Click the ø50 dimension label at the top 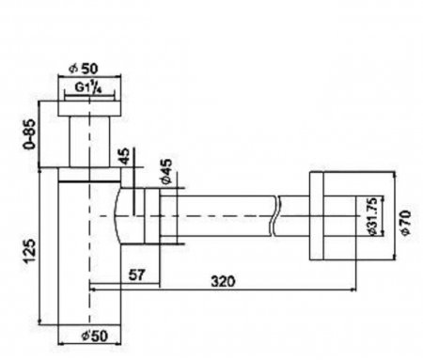click(x=84, y=69)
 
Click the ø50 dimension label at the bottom click(x=95, y=336)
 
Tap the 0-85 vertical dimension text click(x=30, y=134)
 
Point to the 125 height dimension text click(x=30, y=251)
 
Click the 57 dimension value click(x=137, y=275)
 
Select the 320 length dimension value click(x=223, y=281)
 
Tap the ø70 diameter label click(x=405, y=223)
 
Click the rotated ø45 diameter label click(x=166, y=171)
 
